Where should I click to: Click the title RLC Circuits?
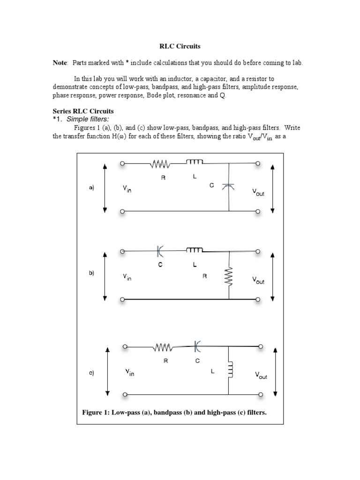[180, 47]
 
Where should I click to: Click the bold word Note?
[60, 63]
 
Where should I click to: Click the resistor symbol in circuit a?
[160, 164]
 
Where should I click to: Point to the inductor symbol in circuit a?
[195, 162]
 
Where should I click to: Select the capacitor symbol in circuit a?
[229, 187]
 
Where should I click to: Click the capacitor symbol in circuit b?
[160, 252]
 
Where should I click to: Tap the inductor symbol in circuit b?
[195, 251]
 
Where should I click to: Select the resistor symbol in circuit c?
[163, 348]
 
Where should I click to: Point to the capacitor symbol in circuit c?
[197, 347]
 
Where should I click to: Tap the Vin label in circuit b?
[127, 277]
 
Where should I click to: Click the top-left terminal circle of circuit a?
[122, 164]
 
